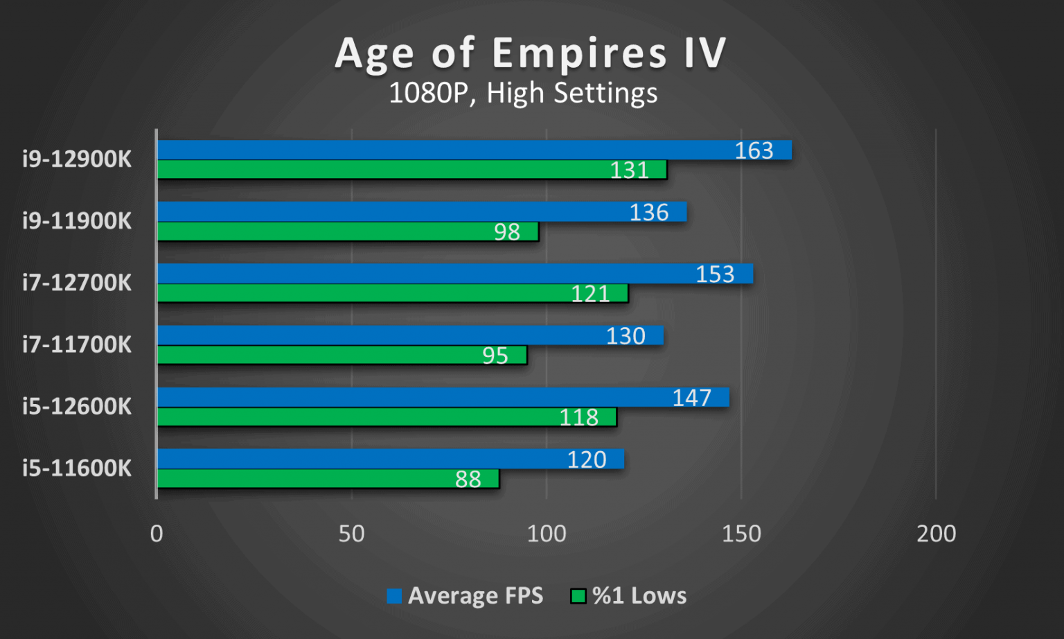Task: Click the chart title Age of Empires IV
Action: (531, 53)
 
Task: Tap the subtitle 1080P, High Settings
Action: (523, 93)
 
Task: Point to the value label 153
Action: (715, 274)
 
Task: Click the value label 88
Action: (468, 479)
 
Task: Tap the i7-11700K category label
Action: (77, 344)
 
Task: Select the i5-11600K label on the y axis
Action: (77, 469)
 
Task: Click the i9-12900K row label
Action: (77, 159)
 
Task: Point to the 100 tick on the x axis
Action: (547, 534)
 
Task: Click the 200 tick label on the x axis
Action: (936, 534)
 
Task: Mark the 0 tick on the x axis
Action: (157, 534)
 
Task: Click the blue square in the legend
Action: (394, 596)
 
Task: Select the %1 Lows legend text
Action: (639, 596)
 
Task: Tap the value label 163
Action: (754, 150)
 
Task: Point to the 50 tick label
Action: (351, 534)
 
